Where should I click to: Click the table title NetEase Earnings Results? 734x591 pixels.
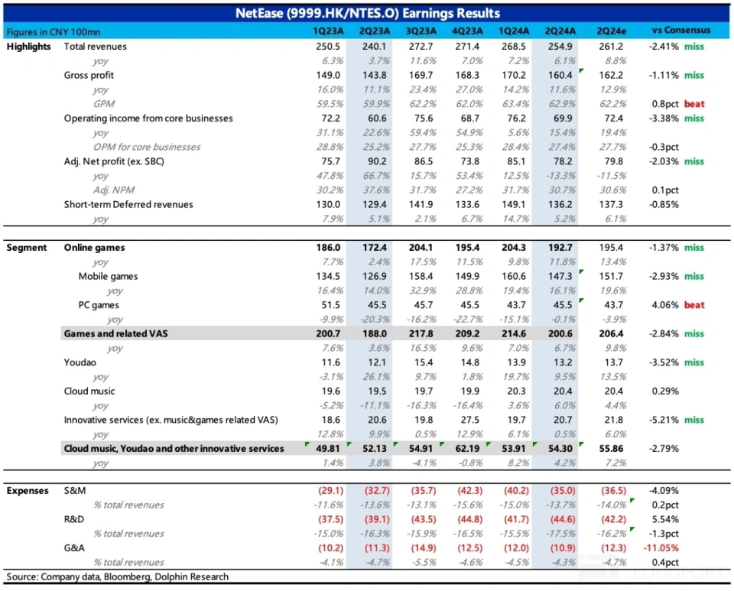point(367,13)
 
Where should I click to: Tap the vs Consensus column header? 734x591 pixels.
point(680,31)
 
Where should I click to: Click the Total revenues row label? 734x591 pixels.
point(96,47)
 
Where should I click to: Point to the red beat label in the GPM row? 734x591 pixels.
point(694,104)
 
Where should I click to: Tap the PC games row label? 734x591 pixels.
point(99,305)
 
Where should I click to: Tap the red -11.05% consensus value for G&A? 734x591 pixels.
point(661,548)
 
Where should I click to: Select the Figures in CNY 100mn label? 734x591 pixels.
point(53,31)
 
